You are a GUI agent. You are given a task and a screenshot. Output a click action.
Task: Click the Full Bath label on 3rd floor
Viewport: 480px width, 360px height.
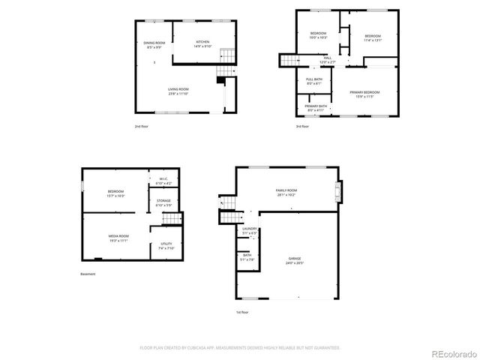313,81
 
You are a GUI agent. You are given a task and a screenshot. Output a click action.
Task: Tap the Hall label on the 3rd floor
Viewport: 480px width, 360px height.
328,59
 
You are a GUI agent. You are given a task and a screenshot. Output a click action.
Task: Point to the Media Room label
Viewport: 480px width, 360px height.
118,238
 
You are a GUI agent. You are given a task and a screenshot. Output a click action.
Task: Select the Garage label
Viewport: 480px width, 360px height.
294,261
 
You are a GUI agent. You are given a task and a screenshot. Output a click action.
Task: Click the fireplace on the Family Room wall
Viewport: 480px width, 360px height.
338,191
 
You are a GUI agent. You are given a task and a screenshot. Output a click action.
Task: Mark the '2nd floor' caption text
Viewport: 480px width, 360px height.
141,127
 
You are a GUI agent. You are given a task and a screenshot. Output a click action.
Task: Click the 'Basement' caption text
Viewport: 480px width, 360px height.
88,274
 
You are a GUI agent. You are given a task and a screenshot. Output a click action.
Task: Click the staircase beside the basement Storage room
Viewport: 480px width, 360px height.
173,218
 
